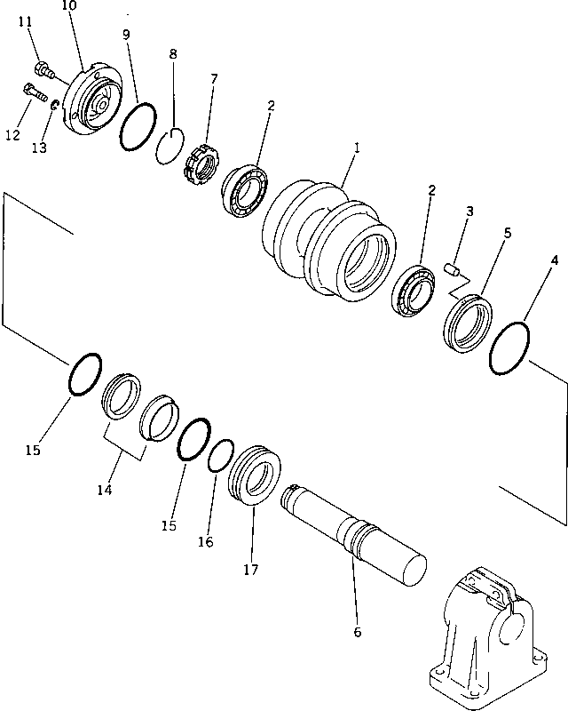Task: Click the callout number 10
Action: (x=69, y=7)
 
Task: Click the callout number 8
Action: (x=173, y=54)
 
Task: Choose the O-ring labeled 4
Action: (x=510, y=349)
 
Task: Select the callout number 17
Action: (x=252, y=570)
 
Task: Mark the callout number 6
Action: (x=357, y=632)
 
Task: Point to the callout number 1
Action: (x=357, y=152)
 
